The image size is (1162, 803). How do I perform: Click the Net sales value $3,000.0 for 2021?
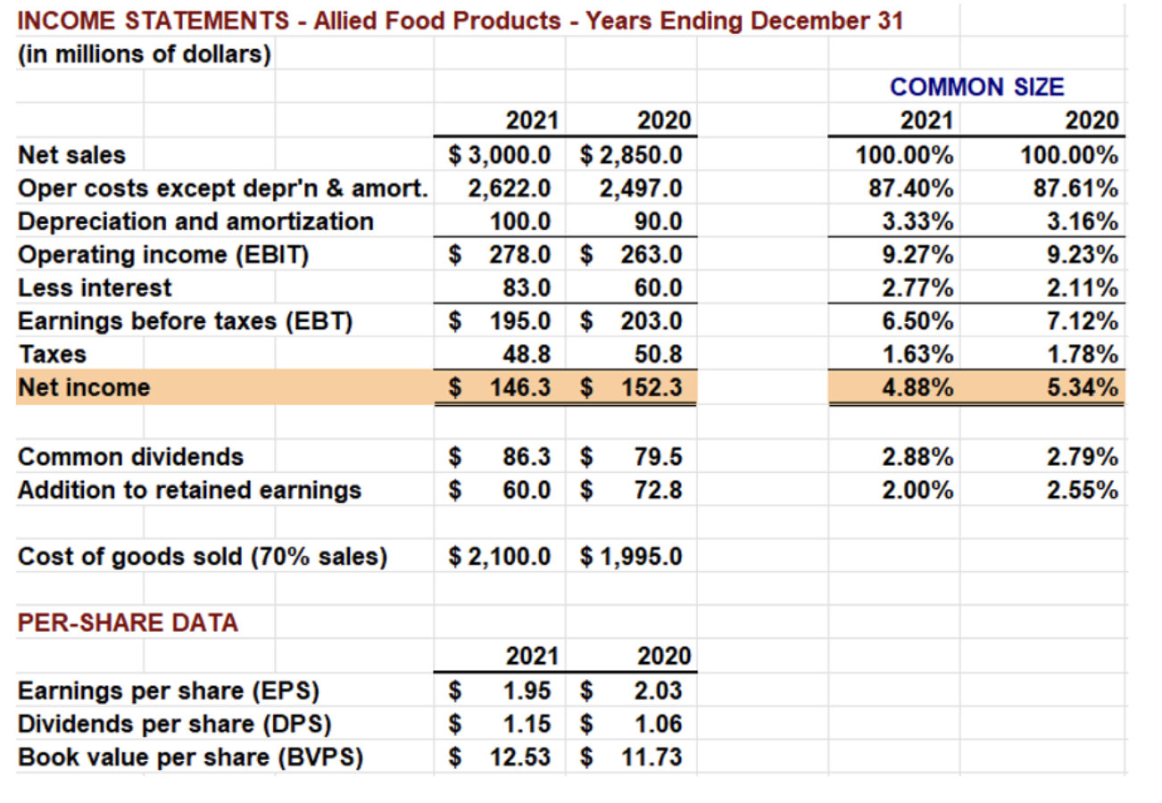(x=499, y=154)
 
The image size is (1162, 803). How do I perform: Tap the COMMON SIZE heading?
(x=977, y=87)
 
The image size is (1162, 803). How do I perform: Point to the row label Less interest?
(x=95, y=288)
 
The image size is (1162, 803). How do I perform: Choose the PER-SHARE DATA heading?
(x=129, y=623)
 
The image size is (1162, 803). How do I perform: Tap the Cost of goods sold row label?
(x=203, y=558)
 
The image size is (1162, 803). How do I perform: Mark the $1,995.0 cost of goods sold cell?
(x=632, y=558)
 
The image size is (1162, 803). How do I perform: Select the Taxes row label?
(x=53, y=354)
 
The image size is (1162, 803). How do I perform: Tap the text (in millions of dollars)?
(x=144, y=54)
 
